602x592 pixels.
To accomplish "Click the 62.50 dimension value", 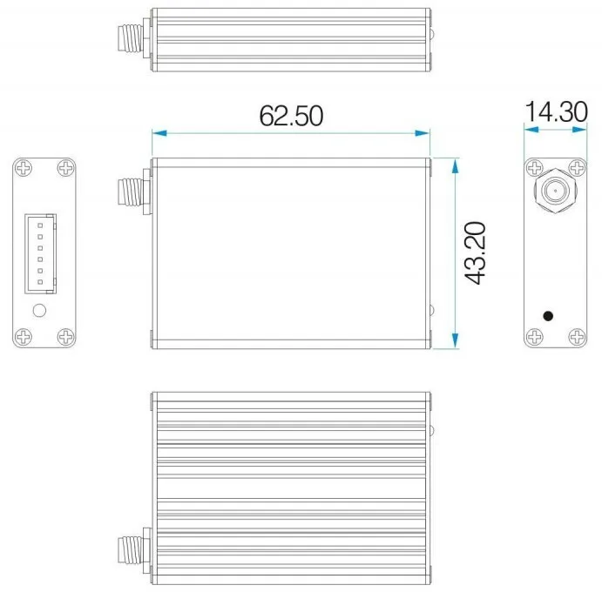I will click(x=291, y=115).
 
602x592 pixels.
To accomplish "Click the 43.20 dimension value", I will click(x=476, y=252).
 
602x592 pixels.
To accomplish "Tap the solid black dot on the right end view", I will click(x=547, y=315).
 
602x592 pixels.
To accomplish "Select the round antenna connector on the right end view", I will click(x=552, y=189).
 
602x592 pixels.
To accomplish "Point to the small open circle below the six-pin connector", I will click(x=38, y=311).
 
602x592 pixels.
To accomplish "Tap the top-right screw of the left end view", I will click(x=65, y=168).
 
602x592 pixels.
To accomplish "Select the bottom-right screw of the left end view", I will click(x=65, y=336).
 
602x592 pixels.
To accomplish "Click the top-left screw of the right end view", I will click(x=533, y=168).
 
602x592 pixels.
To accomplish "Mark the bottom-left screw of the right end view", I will click(x=533, y=336).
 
